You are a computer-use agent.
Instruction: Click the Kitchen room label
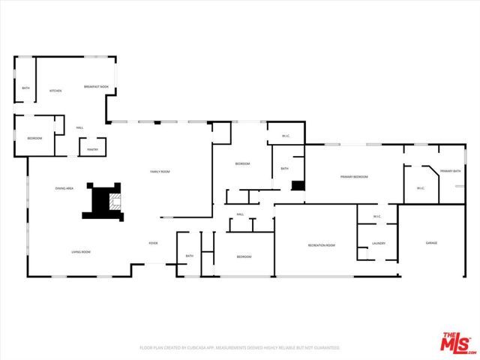click(55, 91)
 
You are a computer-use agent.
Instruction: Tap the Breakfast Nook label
click(96, 87)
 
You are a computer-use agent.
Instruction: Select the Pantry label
click(92, 149)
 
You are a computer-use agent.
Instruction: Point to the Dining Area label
click(64, 188)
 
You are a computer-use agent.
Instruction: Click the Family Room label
click(160, 172)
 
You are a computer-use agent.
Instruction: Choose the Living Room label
click(80, 252)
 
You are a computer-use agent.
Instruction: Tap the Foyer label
click(153, 244)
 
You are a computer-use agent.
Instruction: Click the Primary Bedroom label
click(354, 176)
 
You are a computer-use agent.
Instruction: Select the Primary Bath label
click(450, 172)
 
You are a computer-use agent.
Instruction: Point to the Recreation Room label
click(321, 245)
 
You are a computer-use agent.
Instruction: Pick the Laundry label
click(379, 243)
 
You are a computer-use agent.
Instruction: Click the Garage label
click(431, 243)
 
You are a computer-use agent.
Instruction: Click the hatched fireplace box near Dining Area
click(113, 200)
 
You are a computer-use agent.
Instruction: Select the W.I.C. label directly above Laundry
click(377, 217)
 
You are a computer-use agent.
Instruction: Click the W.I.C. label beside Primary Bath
click(421, 187)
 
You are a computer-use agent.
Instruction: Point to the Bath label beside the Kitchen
click(25, 89)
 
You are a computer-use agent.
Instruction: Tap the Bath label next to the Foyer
click(189, 256)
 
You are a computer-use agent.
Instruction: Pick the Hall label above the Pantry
click(79, 127)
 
